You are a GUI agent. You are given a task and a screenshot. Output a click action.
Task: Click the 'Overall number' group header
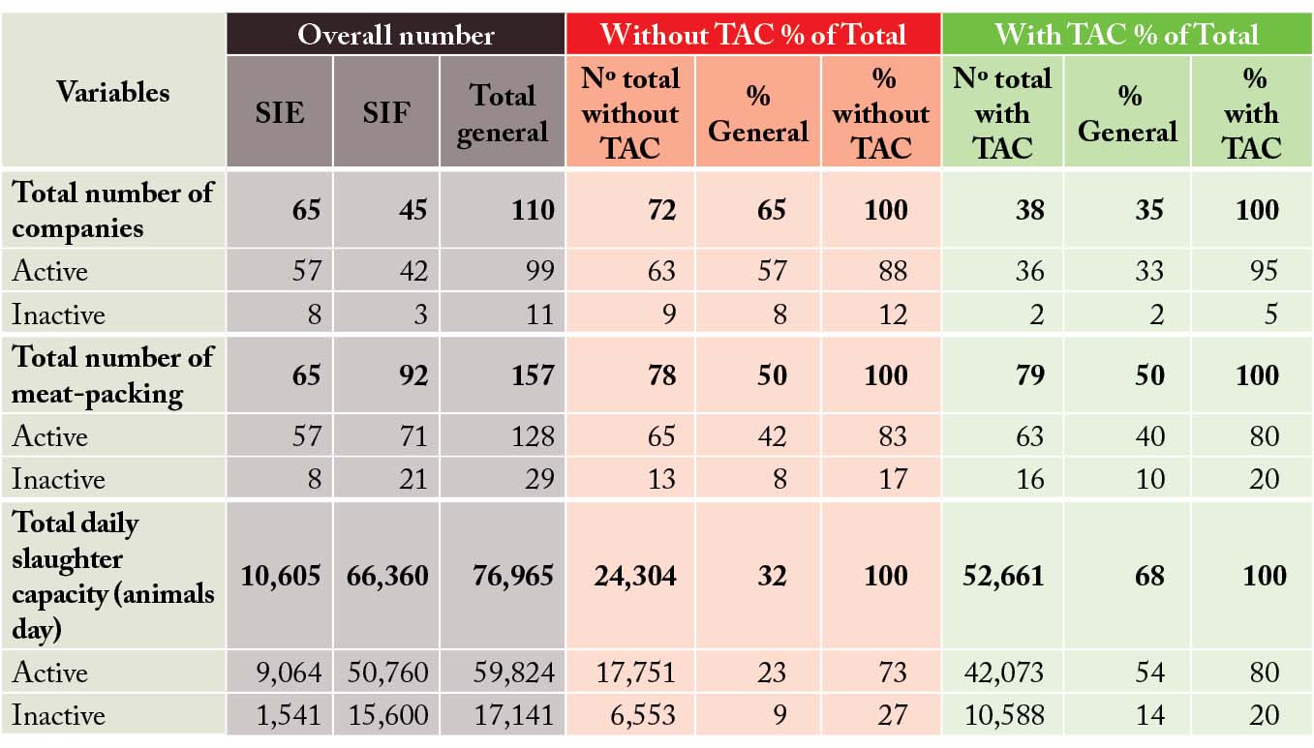coord(395,35)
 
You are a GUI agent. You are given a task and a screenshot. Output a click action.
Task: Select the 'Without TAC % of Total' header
coord(752,35)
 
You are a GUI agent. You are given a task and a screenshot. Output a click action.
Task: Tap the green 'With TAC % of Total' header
coord(1126,35)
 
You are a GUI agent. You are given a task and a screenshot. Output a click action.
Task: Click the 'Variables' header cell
coord(112,93)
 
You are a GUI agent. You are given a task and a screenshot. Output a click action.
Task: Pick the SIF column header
coord(385,112)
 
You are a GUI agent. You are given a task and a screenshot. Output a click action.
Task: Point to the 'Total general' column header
coord(502,112)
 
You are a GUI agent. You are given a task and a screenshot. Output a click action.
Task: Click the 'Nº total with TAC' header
coord(1001,112)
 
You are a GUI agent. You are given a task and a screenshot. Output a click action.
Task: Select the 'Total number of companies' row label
coord(112,210)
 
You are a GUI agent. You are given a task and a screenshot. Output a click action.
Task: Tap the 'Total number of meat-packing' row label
coord(112,375)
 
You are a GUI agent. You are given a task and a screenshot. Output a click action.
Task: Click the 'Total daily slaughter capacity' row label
coord(112,576)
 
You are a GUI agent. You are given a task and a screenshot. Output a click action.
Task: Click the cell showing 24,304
coord(630,576)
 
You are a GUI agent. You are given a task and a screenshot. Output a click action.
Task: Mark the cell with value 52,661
coord(1003,576)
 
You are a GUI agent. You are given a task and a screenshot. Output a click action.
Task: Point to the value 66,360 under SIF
coord(387,576)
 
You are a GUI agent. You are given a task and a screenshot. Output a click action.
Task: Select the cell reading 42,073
coord(1003,673)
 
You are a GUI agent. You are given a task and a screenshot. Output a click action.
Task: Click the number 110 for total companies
coord(534,210)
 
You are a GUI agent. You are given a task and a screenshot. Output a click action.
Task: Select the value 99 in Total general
coord(539,271)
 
